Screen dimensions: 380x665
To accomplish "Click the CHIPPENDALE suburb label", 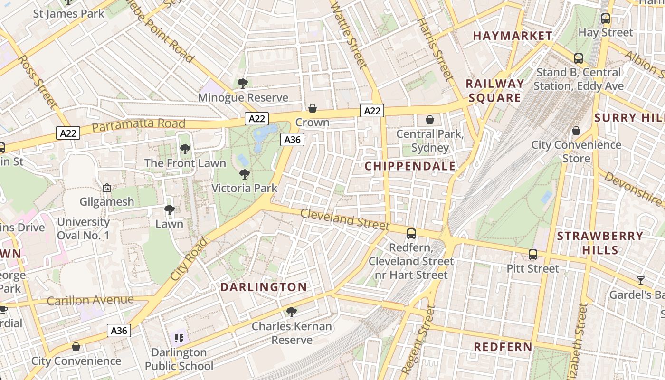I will pos(410,166).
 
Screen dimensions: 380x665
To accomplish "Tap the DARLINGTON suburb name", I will pos(264,287).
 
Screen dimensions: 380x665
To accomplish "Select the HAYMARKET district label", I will pos(513,36).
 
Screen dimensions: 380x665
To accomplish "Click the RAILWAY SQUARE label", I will pos(495,91).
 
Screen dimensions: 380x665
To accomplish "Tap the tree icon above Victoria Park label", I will pos(245,174).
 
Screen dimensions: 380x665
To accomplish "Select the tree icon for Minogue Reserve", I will pos(243,84).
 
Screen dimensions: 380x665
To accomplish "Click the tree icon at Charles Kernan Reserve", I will pos(292,312).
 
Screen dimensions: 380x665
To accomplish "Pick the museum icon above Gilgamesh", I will pos(107,188).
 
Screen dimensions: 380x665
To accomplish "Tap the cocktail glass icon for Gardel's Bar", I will pos(640,281).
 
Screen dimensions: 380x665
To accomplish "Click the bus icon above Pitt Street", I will pos(533,255).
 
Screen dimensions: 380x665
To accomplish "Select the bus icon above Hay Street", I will pos(606,19).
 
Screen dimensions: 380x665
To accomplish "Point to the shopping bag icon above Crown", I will pos(313,109).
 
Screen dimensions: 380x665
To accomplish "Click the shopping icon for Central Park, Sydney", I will pos(430,120).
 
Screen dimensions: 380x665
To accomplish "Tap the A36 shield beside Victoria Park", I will pos(292,140).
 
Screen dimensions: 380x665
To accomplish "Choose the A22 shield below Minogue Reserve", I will pos(257,118).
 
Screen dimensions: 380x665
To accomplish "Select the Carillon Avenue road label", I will pos(90,301).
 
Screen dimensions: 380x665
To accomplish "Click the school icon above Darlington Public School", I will pos(179,338).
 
